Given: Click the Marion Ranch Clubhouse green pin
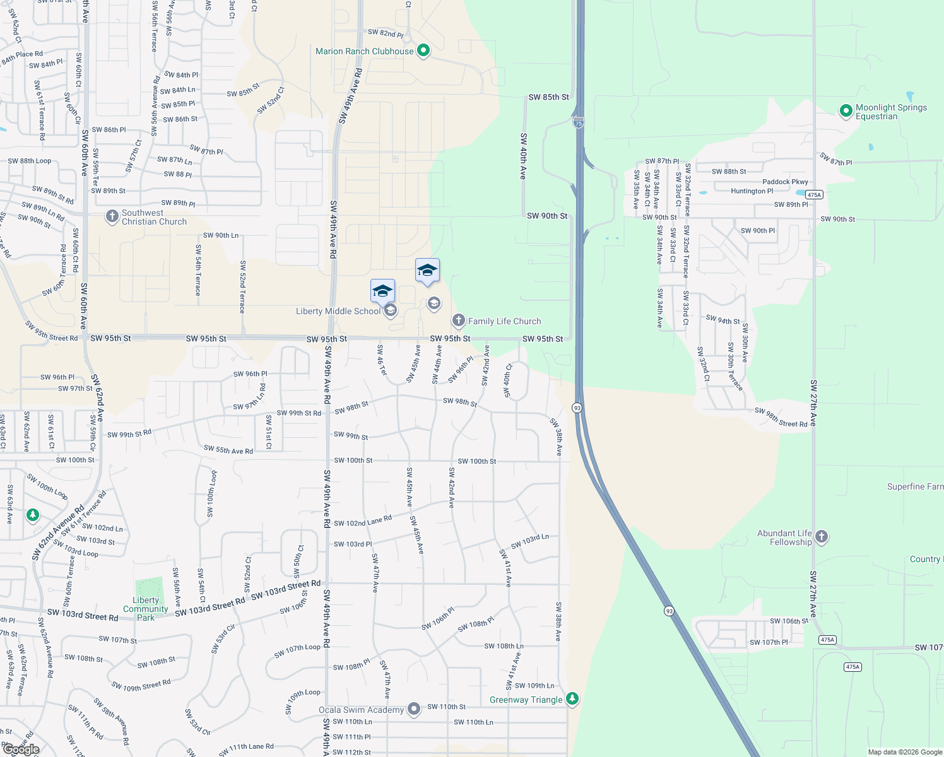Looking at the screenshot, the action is pyautogui.click(x=423, y=50).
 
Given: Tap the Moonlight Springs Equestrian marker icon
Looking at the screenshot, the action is pyautogui.click(x=846, y=111).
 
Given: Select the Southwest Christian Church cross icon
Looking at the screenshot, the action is pyautogui.click(x=112, y=217).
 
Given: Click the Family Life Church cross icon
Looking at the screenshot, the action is pyautogui.click(x=458, y=320).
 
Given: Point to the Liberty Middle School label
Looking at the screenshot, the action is pyautogui.click(x=338, y=311).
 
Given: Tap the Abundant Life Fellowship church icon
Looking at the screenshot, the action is pyautogui.click(x=821, y=537).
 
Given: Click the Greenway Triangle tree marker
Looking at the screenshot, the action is pyautogui.click(x=572, y=698).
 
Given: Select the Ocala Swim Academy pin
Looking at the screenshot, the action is pyautogui.click(x=414, y=709).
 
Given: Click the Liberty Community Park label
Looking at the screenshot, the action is pyautogui.click(x=146, y=609).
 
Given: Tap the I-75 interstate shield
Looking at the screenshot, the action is pyautogui.click(x=579, y=123).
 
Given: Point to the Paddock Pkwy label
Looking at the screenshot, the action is pyautogui.click(x=785, y=182).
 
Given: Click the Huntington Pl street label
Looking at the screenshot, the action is pyautogui.click(x=752, y=191).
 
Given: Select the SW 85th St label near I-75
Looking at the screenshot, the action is pyautogui.click(x=548, y=97).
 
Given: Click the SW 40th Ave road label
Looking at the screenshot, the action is pyautogui.click(x=523, y=156).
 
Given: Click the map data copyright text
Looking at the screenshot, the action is pyautogui.click(x=905, y=752).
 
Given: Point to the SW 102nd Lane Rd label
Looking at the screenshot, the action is pyautogui.click(x=363, y=521).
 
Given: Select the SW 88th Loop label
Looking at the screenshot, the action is pyautogui.click(x=30, y=161).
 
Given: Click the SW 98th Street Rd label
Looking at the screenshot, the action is pyautogui.click(x=781, y=418).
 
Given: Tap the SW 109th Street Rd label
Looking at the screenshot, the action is pyautogui.click(x=141, y=686).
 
